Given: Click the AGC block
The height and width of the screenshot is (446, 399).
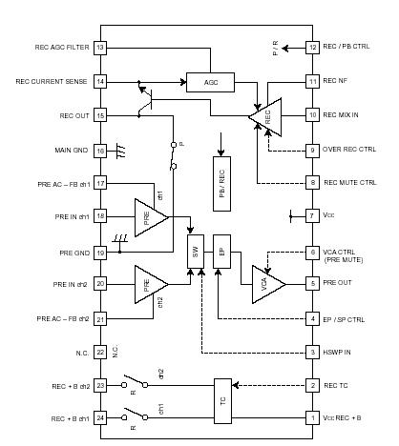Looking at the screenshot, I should pos(211,83).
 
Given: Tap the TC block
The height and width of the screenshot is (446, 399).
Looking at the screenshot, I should pos(224,402).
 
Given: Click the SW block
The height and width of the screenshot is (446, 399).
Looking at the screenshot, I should pos(198,251).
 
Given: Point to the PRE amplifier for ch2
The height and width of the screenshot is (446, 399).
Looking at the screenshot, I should pos(150,284).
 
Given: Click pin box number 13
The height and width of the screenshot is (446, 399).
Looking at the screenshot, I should pos(100,48).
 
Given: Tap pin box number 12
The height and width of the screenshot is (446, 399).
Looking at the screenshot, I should pos(312,48).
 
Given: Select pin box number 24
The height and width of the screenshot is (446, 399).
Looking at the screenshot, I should pos(100,418).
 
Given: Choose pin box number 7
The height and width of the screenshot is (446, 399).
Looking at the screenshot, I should pos(312,216).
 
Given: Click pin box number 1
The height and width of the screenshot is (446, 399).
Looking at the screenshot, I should pos(312,418).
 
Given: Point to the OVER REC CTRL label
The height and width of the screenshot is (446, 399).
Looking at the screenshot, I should pos(349,150).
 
